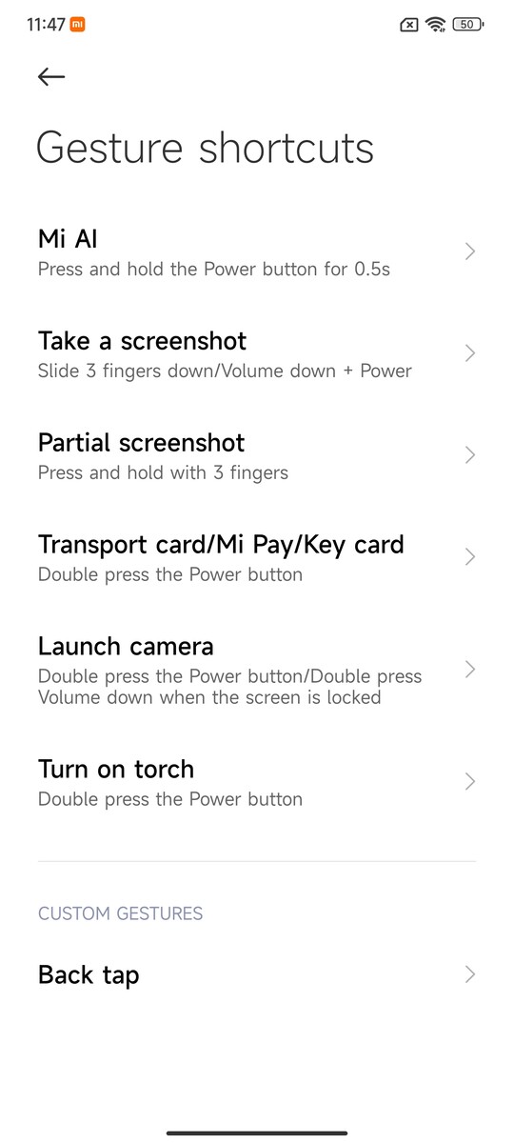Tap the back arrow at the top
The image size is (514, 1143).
[51, 76]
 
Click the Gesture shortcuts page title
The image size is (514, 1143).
[205, 148]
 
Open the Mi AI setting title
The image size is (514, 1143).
[68, 239]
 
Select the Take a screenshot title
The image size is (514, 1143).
[142, 341]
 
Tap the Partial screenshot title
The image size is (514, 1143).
[141, 442]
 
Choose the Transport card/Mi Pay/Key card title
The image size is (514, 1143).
[221, 545]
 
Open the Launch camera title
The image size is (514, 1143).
[126, 647]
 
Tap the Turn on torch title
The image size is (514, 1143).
[116, 769]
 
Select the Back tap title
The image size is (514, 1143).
[89, 975]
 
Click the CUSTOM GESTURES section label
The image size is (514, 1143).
[120, 913]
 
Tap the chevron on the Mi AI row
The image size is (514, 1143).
[470, 251]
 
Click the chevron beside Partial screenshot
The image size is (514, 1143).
[470, 455]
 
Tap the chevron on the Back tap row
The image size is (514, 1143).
[470, 974]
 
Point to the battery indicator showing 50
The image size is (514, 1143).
[468, 24]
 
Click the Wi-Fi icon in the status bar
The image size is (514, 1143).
[436, 24]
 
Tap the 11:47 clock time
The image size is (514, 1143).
[46, 25]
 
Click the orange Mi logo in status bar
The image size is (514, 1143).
[77, 24]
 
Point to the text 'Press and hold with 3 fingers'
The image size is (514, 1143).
[163, 472]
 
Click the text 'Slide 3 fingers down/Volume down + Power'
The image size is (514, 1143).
[225, 371]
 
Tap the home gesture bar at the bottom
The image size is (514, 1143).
[257, 1133]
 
